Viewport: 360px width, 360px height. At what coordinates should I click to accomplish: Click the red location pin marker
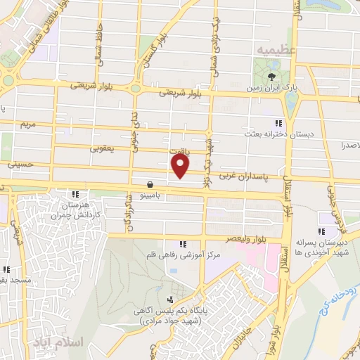click(x=181, y=166)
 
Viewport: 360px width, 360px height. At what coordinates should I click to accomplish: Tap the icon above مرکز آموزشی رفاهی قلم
click(x=184, y=244)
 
